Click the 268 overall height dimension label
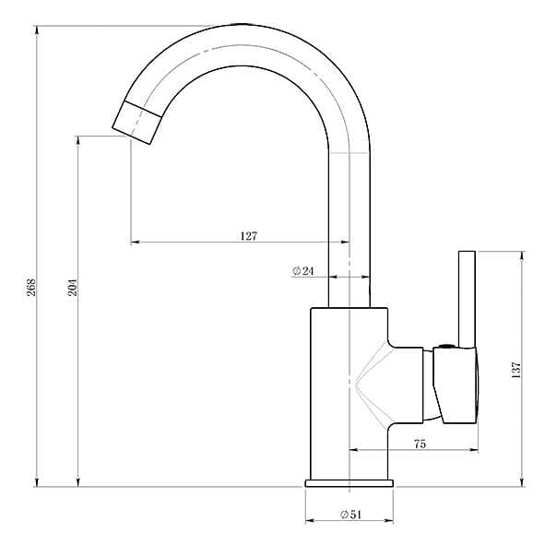pos(31,287)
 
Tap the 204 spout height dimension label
pos(73,287)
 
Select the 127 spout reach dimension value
pos(249,236)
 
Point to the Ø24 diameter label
pos(303,271)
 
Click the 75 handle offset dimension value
pos(420,444)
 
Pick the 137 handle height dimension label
pos(516,370)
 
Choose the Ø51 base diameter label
pos(351,515)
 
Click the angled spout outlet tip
pos(137,123)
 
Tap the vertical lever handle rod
pos(467,300)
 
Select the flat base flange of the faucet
pos(350,483)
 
